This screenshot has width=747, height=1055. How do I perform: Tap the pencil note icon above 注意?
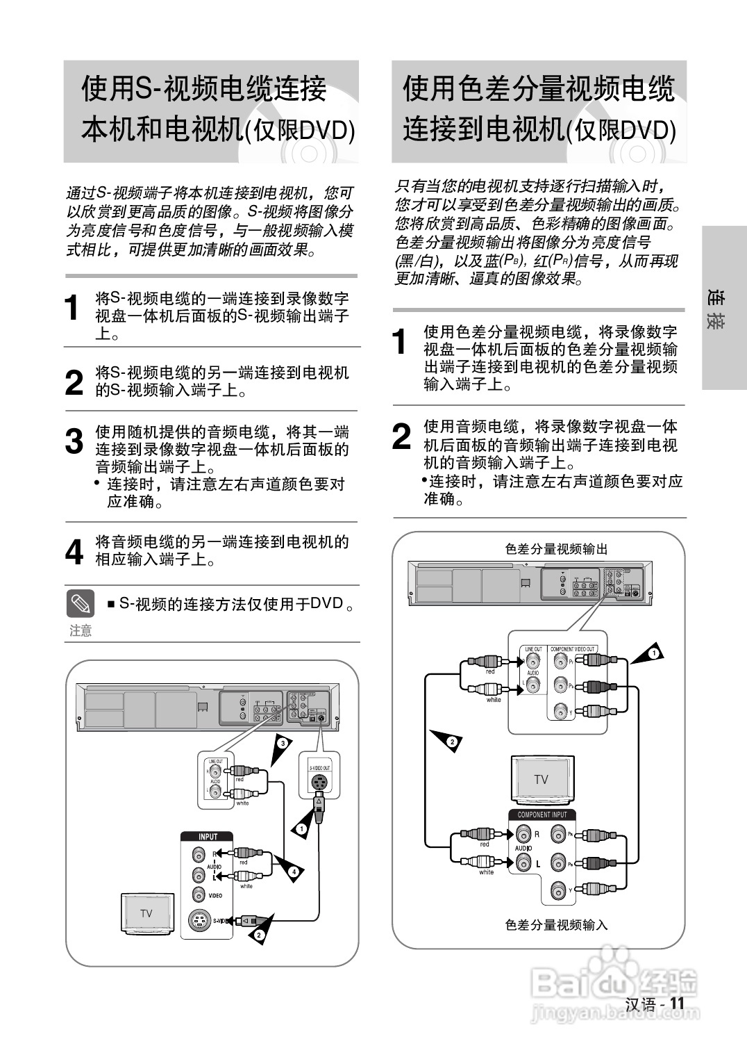(81, 603)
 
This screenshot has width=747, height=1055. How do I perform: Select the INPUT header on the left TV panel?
(208, 837)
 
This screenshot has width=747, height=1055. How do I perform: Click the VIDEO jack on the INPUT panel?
(199, 896)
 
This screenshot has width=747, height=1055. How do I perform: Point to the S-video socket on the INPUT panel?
(199, 922)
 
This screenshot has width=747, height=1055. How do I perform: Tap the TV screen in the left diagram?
(146, 913)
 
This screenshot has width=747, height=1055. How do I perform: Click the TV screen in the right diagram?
(541, 779)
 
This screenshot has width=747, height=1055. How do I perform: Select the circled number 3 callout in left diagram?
(282, 744)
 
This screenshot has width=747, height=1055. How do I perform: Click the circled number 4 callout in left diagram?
(294, 871)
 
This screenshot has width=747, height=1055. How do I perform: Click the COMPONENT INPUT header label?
(542, 815)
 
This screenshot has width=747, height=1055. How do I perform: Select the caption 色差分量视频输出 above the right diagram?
(556, 549)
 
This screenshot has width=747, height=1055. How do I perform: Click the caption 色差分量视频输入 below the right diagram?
(556, 925)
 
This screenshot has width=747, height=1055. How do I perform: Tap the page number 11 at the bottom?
(677, 1004)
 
